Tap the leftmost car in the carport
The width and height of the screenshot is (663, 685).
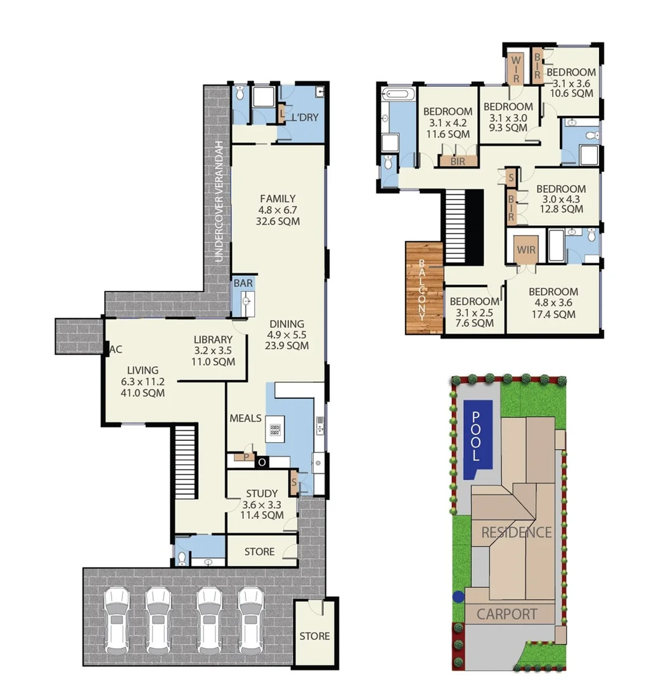click(x=117, y=620)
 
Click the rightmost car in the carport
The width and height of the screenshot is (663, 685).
click(x=251, y=620)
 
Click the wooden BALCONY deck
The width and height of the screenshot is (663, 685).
click(x=423, y=289)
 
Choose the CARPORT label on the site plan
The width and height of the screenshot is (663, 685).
click(x=506, y=614)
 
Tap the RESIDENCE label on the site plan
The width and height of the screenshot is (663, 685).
click(x=516, y=532)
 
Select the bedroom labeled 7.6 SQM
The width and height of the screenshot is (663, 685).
click(x=475, y=311)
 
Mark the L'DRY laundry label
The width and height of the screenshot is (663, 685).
click(x=304, y=117)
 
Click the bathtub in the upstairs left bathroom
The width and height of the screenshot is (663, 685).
click(x=398, y=95)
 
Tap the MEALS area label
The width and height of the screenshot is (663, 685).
click(x=245, y=419)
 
